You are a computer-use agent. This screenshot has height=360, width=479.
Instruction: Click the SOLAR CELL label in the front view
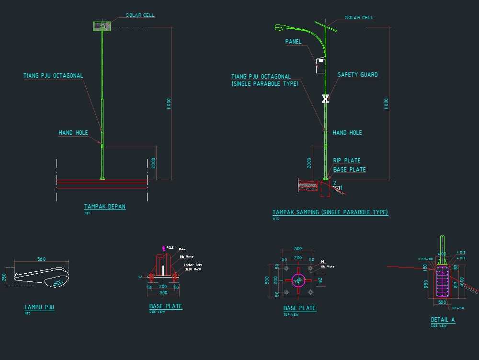pos(140,15)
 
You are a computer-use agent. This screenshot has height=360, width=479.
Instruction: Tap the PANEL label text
pos(293,42)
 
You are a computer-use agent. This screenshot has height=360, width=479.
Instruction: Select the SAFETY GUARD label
pos(357,75)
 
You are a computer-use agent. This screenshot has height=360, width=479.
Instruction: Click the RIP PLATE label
pos(346,161)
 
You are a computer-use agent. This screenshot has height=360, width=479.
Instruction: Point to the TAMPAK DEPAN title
pos(105,207)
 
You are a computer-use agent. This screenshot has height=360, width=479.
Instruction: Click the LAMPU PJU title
pos(39,307)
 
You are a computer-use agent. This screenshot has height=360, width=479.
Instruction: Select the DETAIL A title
pos(443,320)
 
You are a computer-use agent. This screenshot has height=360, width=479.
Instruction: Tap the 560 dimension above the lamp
pos(41,259)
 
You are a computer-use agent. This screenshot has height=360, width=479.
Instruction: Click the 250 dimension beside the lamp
pos(4,277)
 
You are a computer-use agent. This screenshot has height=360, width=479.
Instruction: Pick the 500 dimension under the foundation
pos(442,302)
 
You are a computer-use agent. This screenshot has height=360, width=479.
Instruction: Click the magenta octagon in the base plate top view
pos(298,280)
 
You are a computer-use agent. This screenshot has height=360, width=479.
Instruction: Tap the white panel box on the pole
pos(320,66)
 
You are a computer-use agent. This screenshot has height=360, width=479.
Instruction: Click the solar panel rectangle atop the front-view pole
pos(102,26)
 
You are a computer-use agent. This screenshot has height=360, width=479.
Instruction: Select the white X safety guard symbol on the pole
pos(325,98)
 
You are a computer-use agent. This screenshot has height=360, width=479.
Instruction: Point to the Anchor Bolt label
pos(193,265)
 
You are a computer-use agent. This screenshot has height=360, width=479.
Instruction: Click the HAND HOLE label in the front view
pos(73,133)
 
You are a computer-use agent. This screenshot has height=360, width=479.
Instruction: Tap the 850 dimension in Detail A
pos(426,284)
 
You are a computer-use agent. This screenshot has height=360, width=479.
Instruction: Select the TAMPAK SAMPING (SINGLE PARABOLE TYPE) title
pos(330,212)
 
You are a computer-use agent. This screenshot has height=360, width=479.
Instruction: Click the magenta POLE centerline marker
pos(164,248)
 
